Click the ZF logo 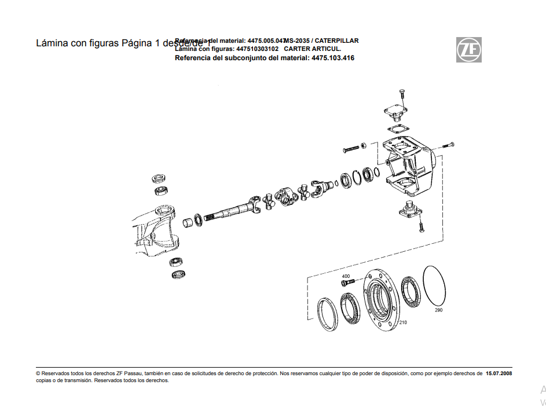coord(468,50)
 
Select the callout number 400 coord(346,276)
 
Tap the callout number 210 coord(403,322)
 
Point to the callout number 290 coord(438,310)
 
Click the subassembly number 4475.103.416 coord(333,58)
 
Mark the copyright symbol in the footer coord(38,374)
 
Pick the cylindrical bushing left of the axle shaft coord(188,222)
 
